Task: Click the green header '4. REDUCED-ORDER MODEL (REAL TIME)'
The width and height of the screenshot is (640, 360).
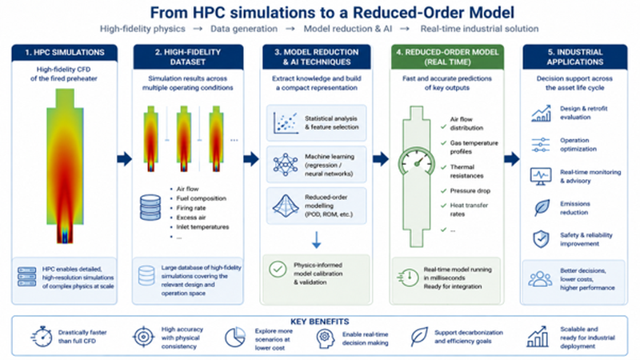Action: pyautogui.click(x=447, y=57)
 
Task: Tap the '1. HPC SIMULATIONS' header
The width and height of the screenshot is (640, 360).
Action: pyautogui.click(x=65, y=53)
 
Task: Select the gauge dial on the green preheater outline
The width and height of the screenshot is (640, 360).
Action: pyautogui.click(x=416, y=162)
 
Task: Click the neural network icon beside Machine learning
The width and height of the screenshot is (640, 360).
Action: pyautogui.click(x=286, y=165)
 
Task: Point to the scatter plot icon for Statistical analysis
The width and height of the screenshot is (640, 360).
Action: pyautogui.click(x=286, y=123)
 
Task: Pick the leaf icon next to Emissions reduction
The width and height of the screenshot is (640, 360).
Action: pyautogui.click(x=542, y=208)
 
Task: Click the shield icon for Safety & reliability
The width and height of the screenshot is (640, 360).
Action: pyautogui.click(x=542, y=239)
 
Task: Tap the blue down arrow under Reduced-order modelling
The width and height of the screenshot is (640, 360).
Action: pyautogui.click(x=316, y=240)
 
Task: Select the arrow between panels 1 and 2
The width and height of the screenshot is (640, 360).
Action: pyautogui.click(x=125, y=158)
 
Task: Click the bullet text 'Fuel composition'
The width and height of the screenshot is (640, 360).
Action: pyautogui.click(x=202, y=198)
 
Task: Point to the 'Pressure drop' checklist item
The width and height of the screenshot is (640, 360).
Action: pyautogui.click(x=470, y=190)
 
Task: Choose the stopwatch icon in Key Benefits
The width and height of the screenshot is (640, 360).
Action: pyautogui.click(x=42, y=337)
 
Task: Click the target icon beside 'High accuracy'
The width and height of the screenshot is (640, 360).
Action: pyautogui.click(x=143, y=337)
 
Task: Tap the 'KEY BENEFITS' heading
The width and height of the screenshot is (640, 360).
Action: pyautogui.click(x=319, y=322)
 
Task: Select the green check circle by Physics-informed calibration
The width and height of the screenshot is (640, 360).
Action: pyautogui.click(x=278, y=270)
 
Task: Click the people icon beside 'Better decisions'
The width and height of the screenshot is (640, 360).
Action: pyautogui.click(x=540, y=278)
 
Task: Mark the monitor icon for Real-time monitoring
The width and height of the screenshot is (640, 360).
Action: pyautogui.click(x=541, y=176)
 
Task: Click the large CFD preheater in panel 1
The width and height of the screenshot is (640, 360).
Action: pyautogui.click(x=65, y=166)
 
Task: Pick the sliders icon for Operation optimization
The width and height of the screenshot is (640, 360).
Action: pyautogui.click(x=541, y=145)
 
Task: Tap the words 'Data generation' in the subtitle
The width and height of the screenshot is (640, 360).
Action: pyautogui.click(x=244, y=29)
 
